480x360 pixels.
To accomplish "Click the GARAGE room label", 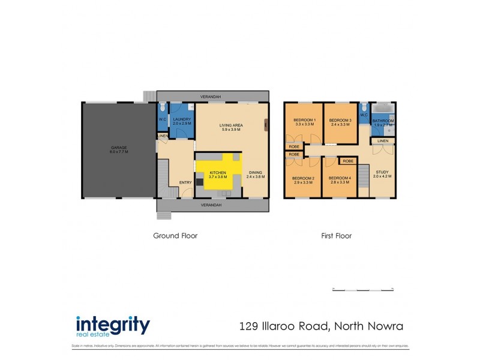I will tap(119, 147).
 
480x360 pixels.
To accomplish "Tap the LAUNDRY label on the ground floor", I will tap(182, 119).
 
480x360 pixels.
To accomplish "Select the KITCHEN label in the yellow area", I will tap(218, 173).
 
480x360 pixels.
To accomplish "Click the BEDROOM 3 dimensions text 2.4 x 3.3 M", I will tap(340, 125).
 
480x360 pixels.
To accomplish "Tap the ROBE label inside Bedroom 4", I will tap(347, 161).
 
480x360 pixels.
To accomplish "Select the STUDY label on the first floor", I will tap(382, 173).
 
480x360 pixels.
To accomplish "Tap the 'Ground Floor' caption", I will tap(175, 236).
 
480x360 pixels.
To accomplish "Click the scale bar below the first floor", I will tap(363, 290).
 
